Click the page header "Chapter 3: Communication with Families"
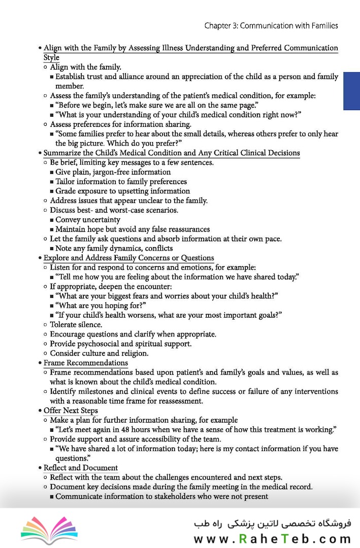coord(271,25)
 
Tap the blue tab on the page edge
coord(351,91)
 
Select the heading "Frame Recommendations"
coord(85,363)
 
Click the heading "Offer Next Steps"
coord(71,410)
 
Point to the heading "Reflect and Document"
coord(80,468)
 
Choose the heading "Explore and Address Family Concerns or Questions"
coord(128,258)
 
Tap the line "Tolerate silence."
coord(76,325)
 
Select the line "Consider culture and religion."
coord(99,353)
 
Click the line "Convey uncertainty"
coord(88,220)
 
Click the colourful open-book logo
coord(49,530)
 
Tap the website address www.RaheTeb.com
coord(272,539)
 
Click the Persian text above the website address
coord(272,523)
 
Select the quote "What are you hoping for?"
coord(101,305)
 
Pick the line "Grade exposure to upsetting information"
coord(122,191)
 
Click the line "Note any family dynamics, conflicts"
coord(114,248)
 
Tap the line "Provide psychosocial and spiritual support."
coord(120,344)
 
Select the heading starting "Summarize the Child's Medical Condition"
coord(172,153)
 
